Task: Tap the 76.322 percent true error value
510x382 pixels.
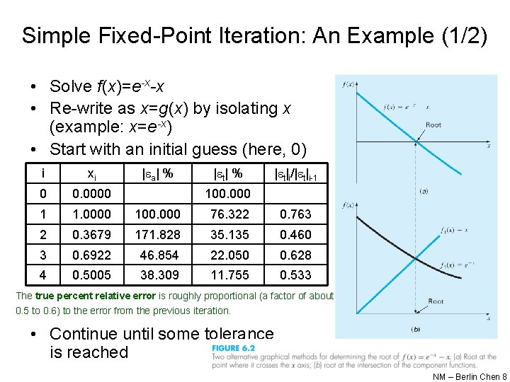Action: [230, 214]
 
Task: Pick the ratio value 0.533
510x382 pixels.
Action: [295, 275]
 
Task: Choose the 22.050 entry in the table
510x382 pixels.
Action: [230, 255]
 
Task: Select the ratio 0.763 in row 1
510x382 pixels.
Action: [295, 214]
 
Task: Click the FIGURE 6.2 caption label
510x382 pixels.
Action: [232, 348]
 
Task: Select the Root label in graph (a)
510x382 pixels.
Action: [433, 125]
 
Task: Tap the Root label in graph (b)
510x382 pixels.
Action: [436, 301]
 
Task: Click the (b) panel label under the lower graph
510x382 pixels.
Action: [414, 330]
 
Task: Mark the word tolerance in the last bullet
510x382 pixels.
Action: [228, 334]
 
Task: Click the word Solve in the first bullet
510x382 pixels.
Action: [70, 87]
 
